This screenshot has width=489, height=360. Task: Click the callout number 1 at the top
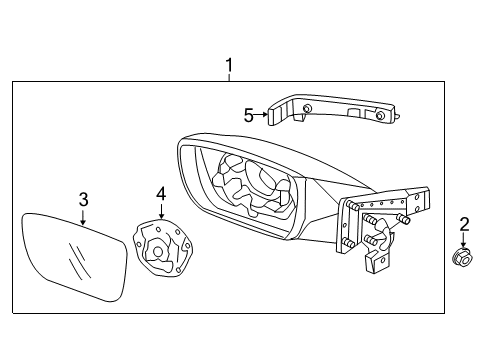pos(229,67)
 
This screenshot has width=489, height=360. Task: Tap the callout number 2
pos(463,224)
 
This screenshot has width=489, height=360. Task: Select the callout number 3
pos(84,199)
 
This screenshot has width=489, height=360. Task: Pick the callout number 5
pos(249,115)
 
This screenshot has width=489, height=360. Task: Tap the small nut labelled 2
pos(462,261)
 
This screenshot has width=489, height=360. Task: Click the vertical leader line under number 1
pos(229,80)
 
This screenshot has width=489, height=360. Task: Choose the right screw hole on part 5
pos(381,116)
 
